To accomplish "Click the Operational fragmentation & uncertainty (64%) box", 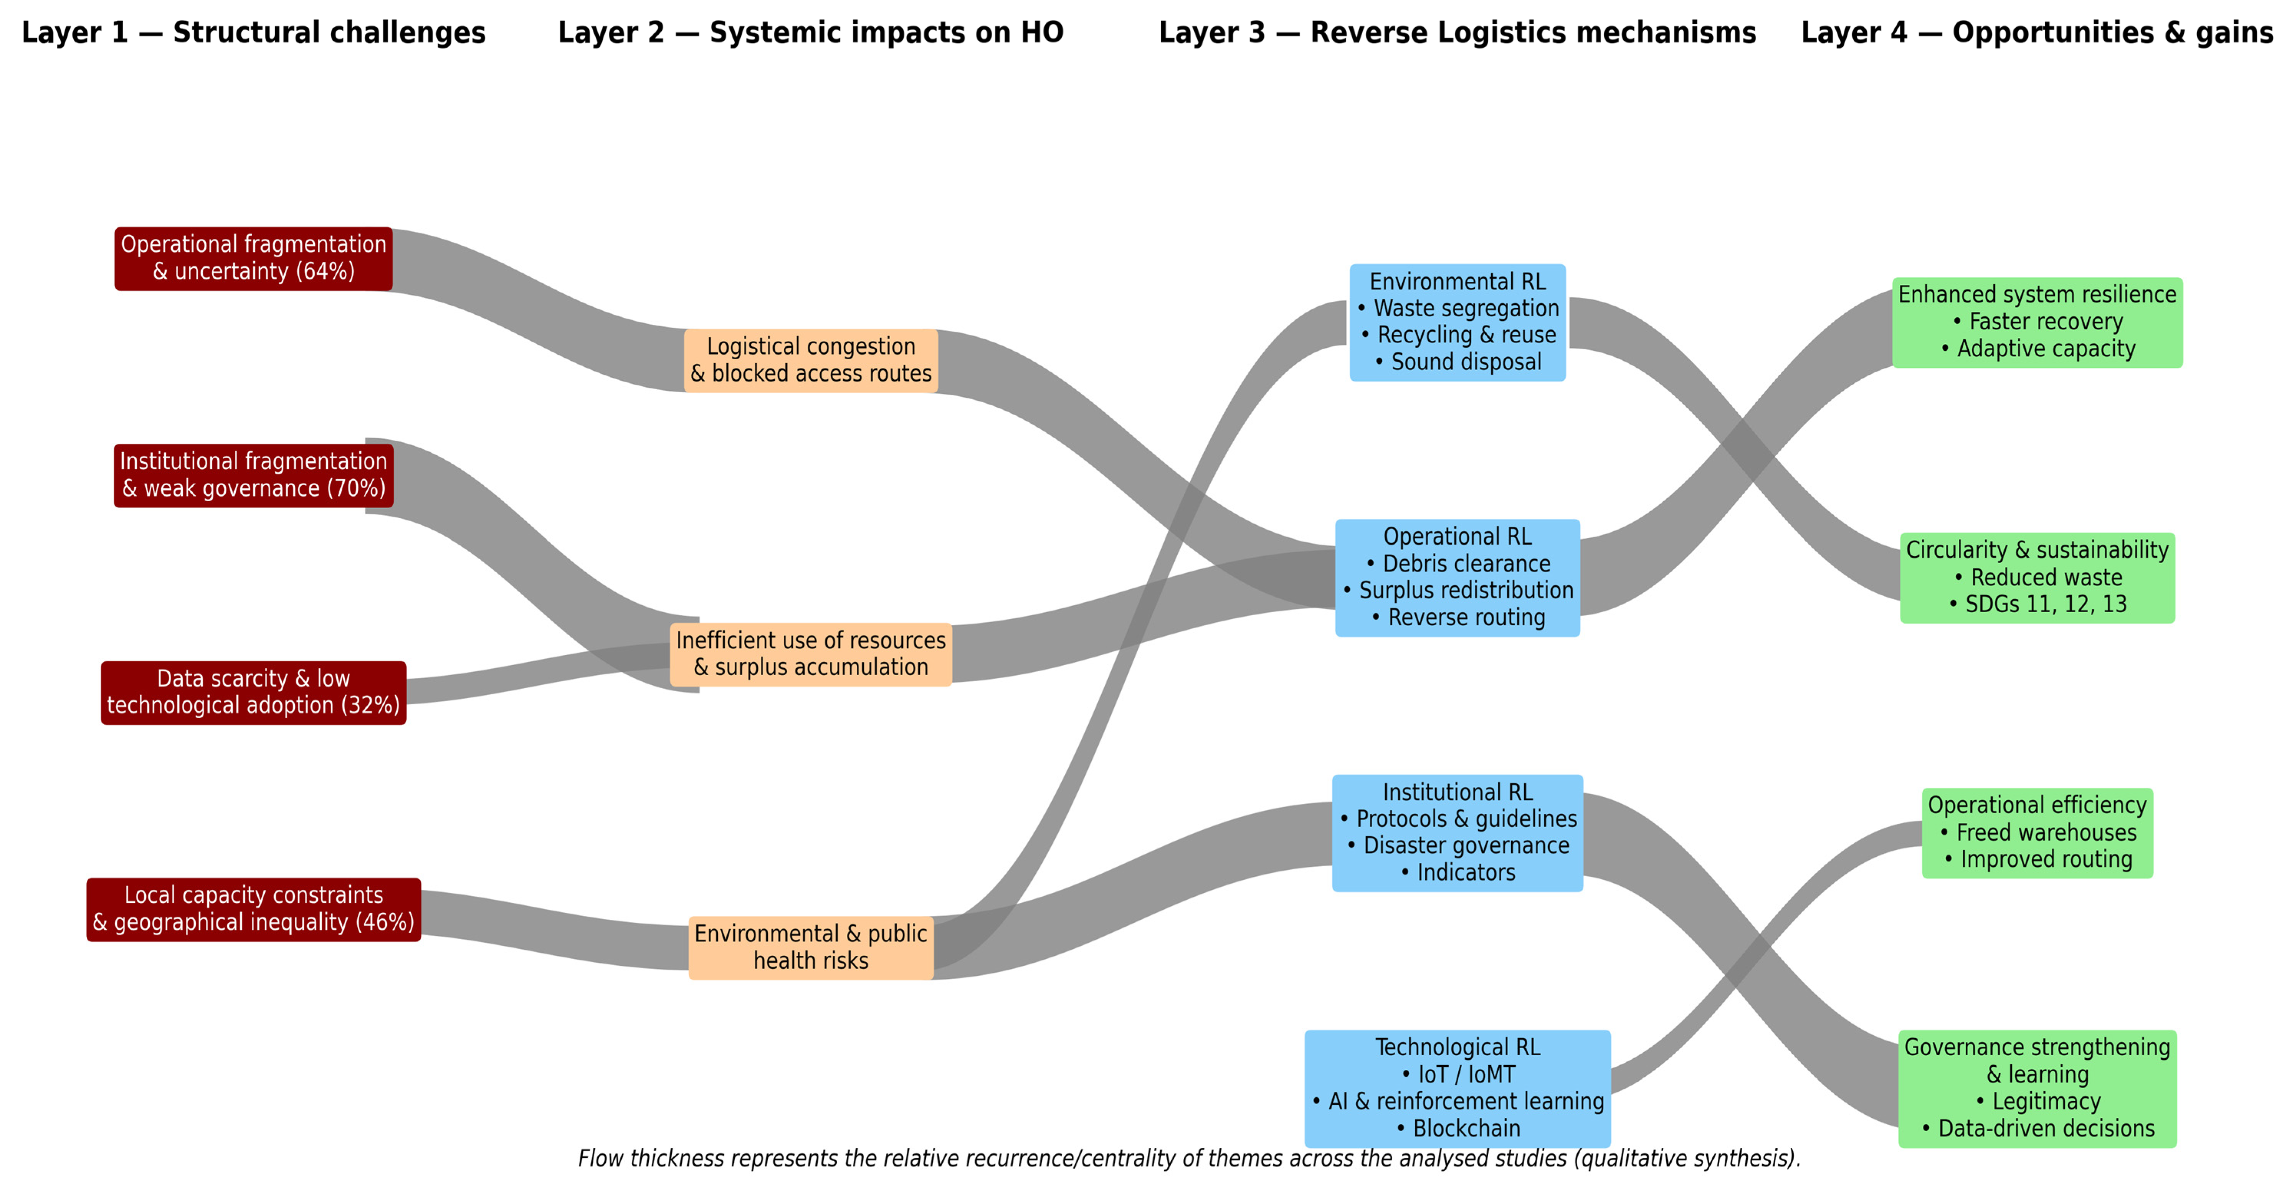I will pyautogui.click(x=254, y=258).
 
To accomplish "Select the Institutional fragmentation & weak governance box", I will pyautogui.click(x=254, y=475).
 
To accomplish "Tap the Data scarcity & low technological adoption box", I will pyautogui.click(x=254, y=692).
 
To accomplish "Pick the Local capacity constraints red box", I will pyautogui.click(x=254, y=909).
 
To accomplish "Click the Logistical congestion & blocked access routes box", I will pyautogui.click(x=811, y=360).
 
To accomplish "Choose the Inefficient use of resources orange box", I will pyautogui.click(x=811, y=654).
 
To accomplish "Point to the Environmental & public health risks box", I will pyautogui.click(x=811, y=948).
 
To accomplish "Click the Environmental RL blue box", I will pyautogui.click(x=1457, y=322).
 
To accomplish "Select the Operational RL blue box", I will pyautogui.click(x=1457, y=578).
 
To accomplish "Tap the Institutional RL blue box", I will pyautogui.click(x=1457, y=833).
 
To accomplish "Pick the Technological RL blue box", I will pyautogui.click(x=1457, y=1088).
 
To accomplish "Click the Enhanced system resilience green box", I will pyautogui.click(x=2037, y=322).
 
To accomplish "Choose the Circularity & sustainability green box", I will pyautogui.click(x=2037, y=578).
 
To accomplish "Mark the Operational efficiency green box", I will pyautogui.click(x=2037, y=833).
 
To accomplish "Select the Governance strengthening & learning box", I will pyautogui.click(x=2037, y=1088).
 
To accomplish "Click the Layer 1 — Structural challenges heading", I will pyautogui.click(x=254, y=33).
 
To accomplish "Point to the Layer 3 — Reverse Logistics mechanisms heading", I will pyautogui.click(x=1457, y=33).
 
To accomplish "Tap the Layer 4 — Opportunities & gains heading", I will pyautogui.click(x=2037, y=33).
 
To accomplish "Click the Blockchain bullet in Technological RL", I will pyautogui.click(x=1466, y=1129).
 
